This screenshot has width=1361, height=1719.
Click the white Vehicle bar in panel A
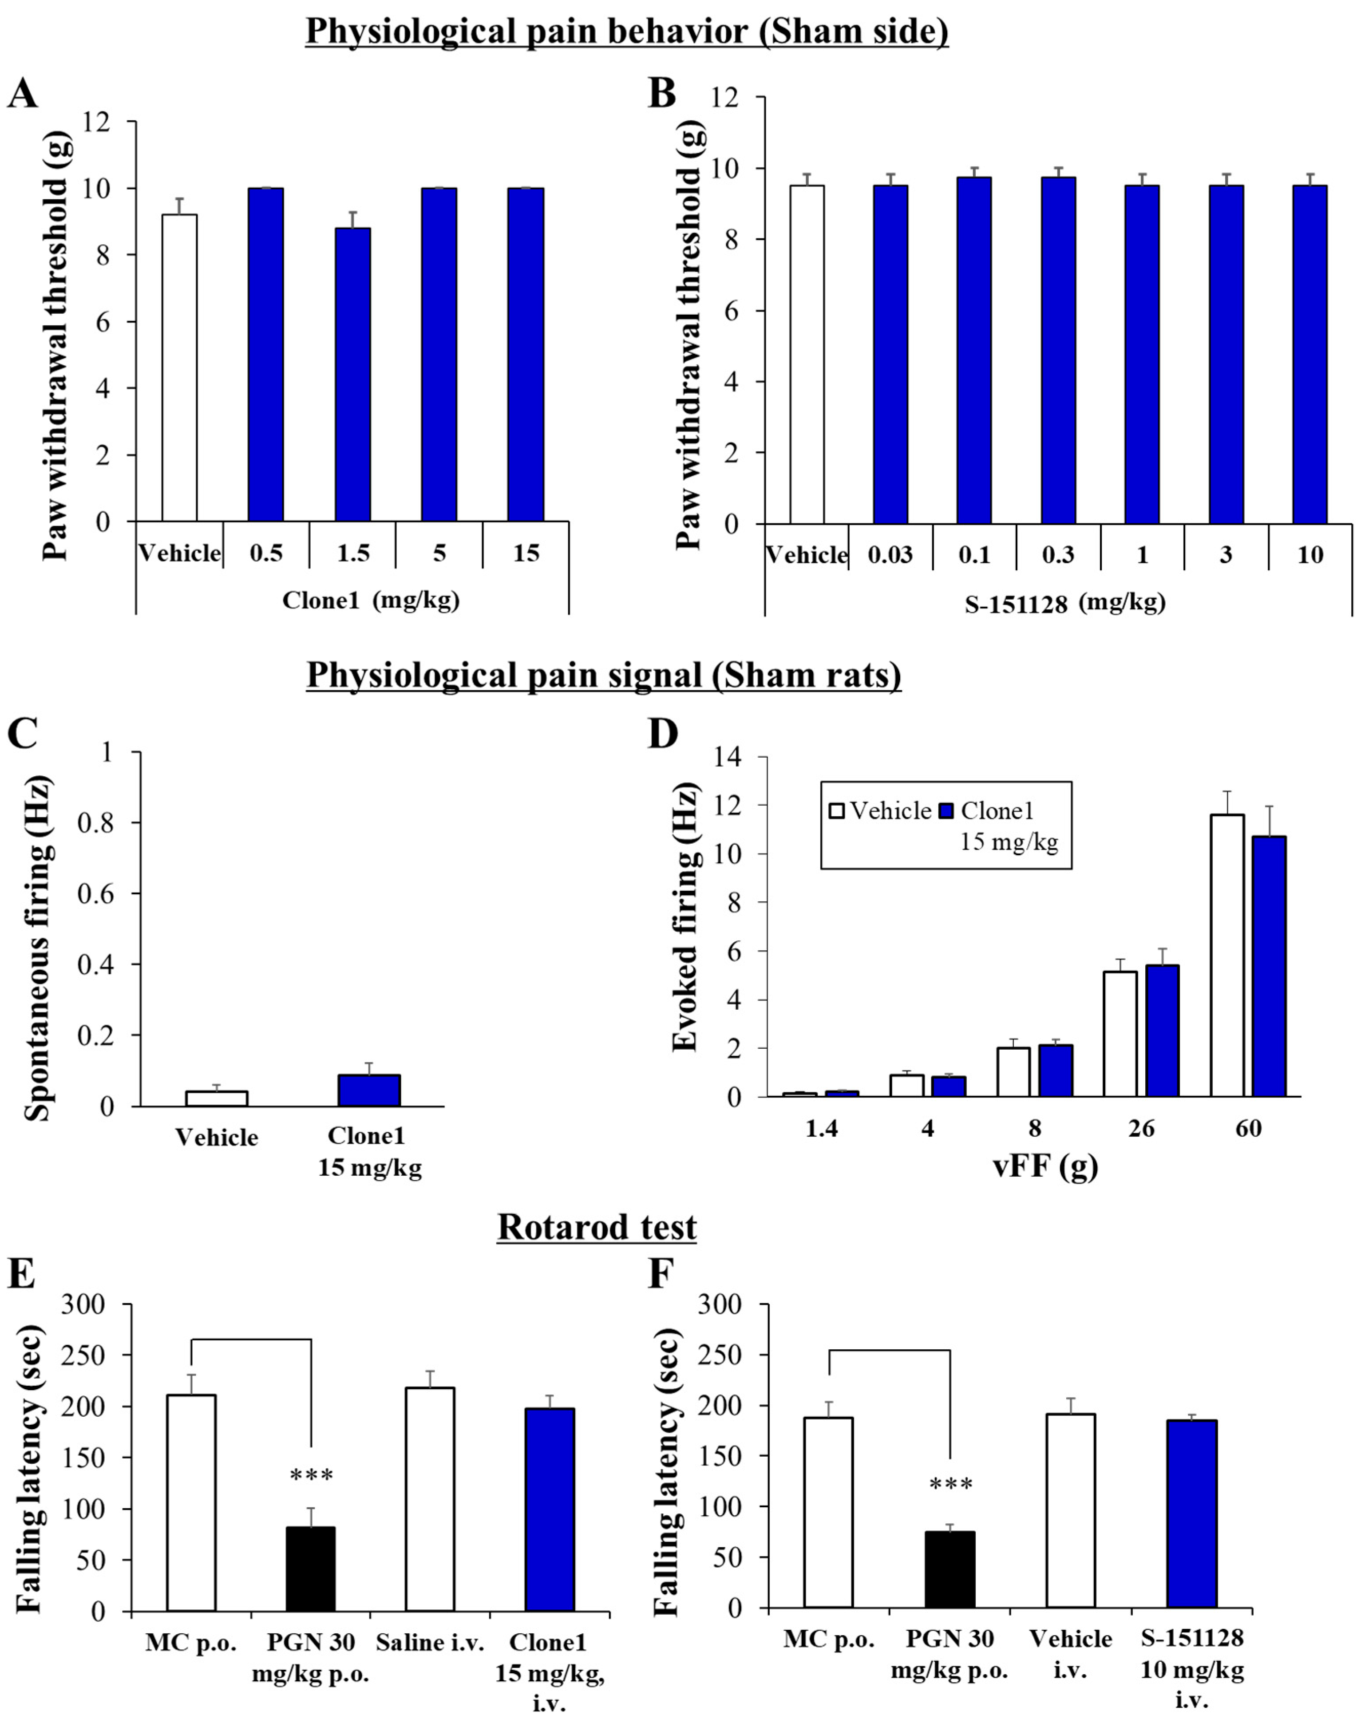pyautogui.click(x=179, y=368)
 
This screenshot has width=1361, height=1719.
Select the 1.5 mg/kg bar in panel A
pyautogui.click(x=352, y=375)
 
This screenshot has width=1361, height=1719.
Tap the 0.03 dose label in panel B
pyautogui.click(x=890, y=555)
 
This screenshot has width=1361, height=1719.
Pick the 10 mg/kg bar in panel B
pyautogui.click(x=1310, y=355)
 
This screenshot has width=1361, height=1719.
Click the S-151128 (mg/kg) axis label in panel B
pyautogui.click(x=1065, y=603)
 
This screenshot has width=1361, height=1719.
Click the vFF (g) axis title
pyautogui.click(x=1044, y=1166)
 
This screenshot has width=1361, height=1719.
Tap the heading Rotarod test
pyautogui.click(x=597, y=1228)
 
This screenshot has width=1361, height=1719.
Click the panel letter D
pyautogui.click(x=661, y=735)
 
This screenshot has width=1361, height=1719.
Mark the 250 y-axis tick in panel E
pyautogui.click(x=97, y=1355)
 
